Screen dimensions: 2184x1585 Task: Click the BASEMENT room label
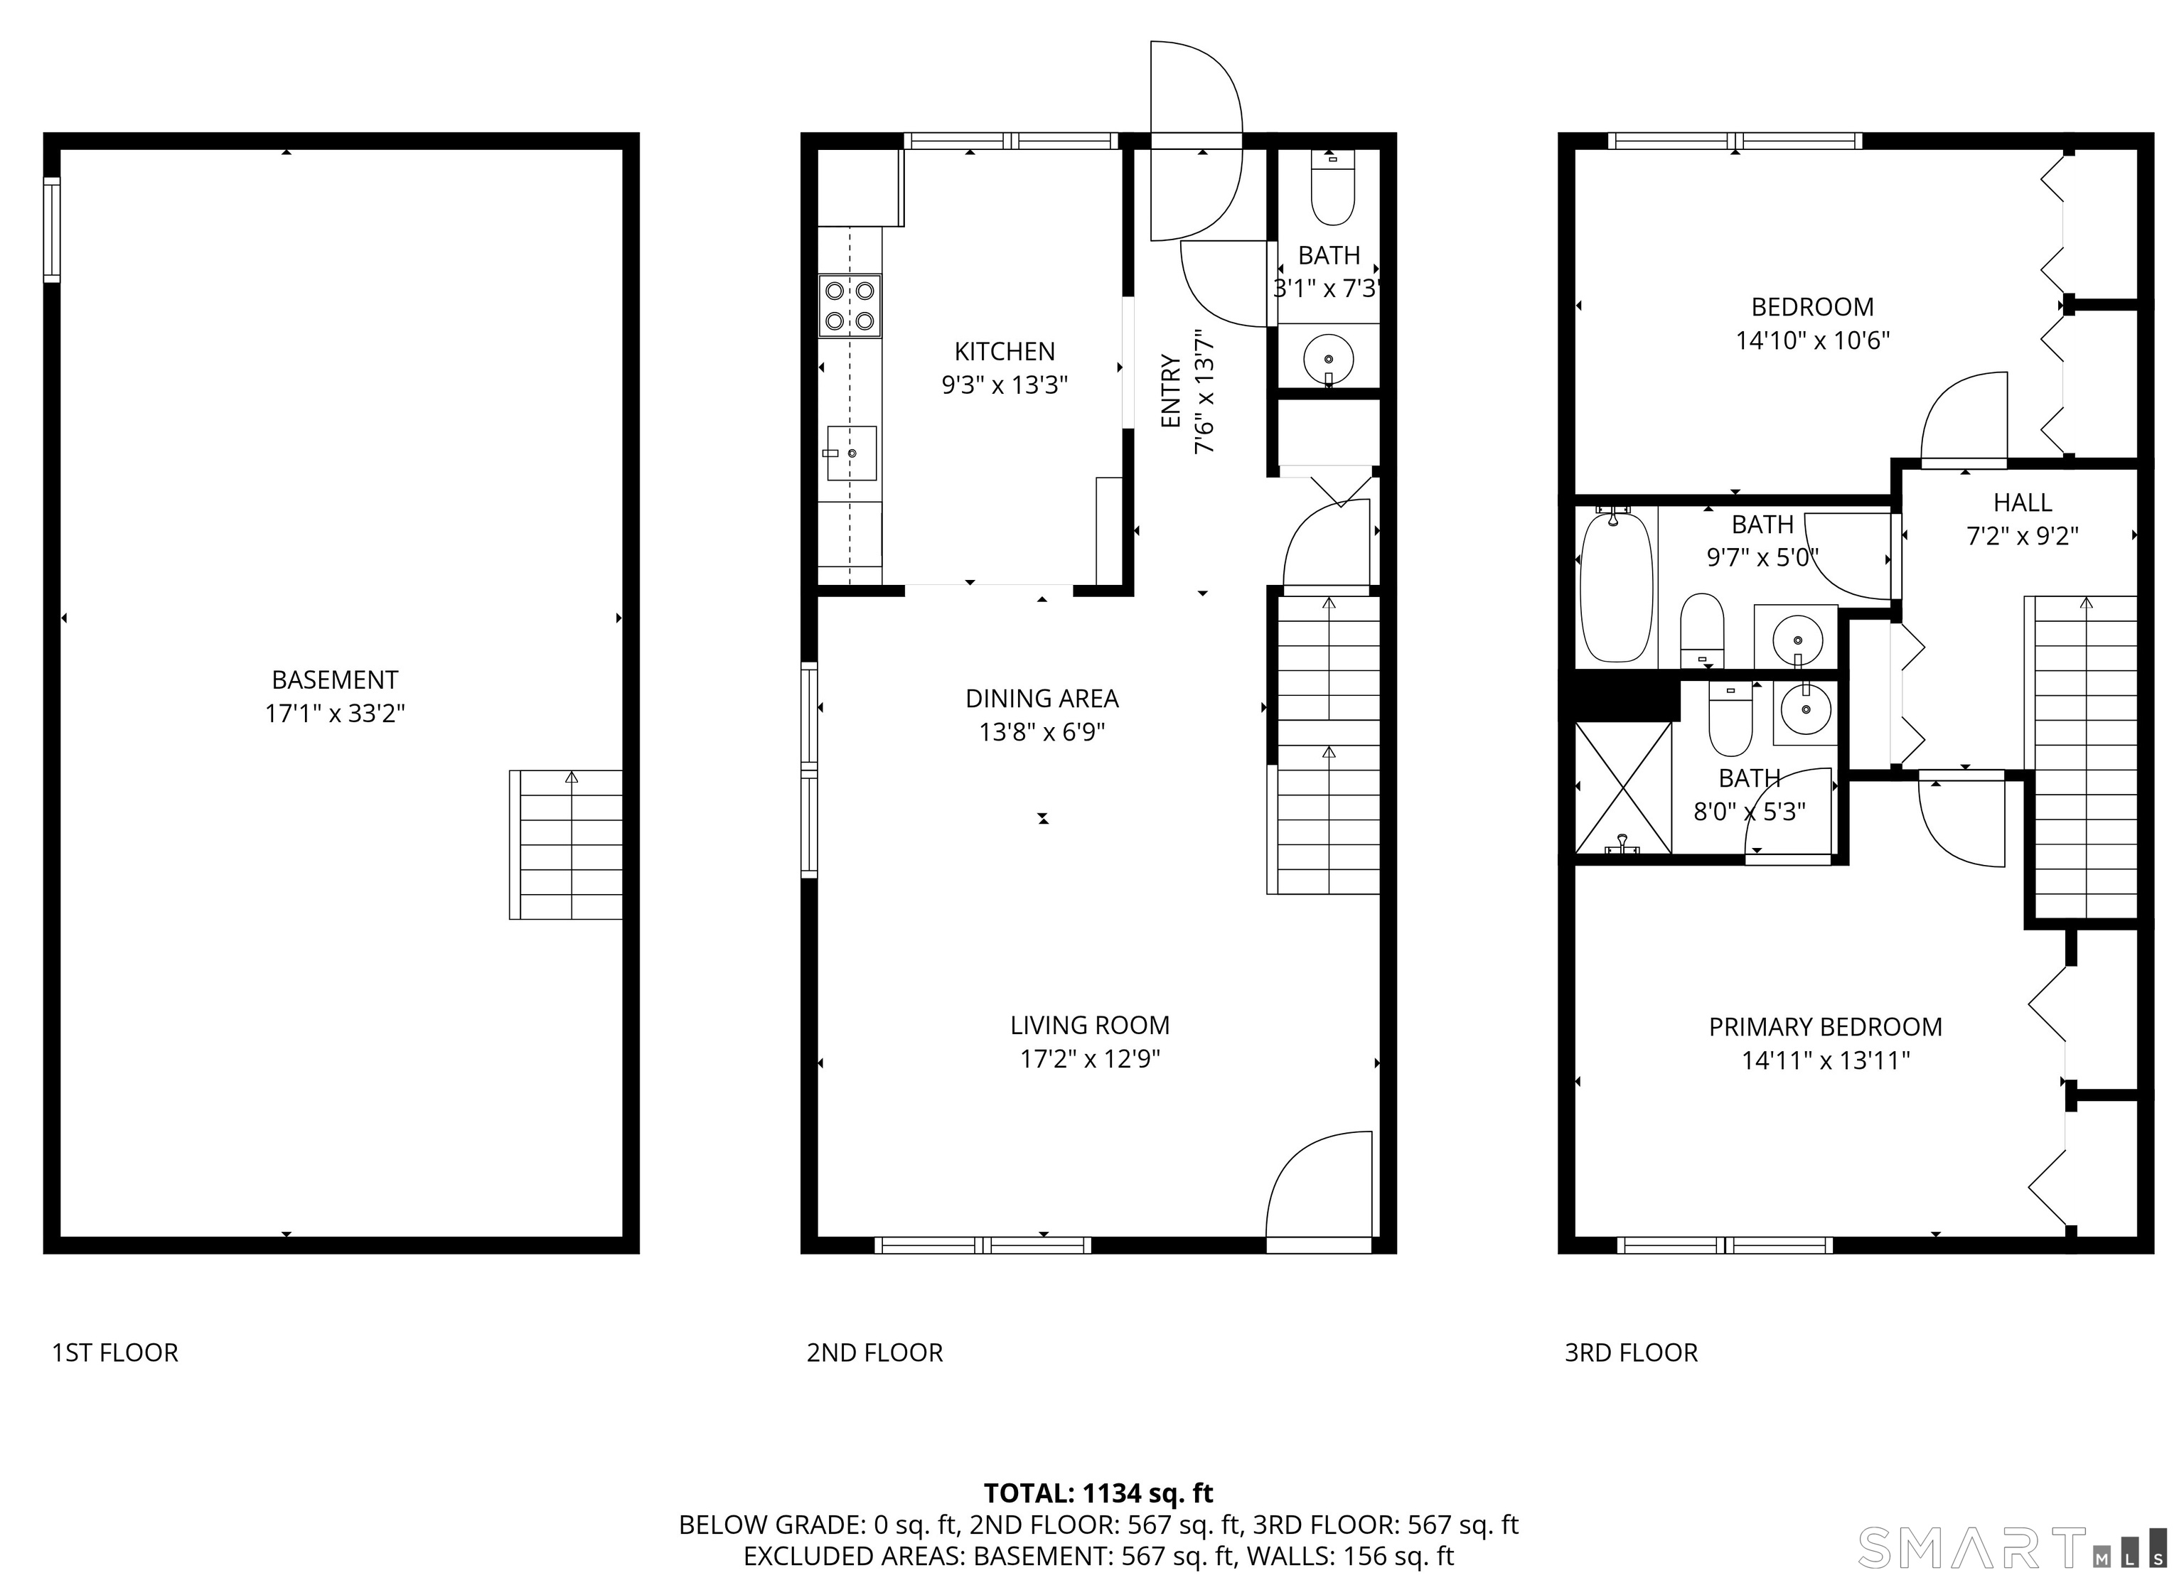334,679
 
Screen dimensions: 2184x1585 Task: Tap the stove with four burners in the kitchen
850,306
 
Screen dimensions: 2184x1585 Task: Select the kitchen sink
851,453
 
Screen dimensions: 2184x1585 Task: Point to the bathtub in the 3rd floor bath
1617,587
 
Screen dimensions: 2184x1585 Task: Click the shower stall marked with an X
1622,788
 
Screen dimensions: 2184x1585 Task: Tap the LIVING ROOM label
1089,1026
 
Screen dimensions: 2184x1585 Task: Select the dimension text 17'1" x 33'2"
335,714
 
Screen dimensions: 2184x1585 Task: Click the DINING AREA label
1042,698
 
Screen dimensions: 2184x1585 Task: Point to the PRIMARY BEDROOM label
1825,1026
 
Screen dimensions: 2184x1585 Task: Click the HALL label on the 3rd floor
2022,503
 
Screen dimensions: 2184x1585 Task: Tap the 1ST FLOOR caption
114,1353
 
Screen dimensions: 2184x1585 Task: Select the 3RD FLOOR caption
1632,1353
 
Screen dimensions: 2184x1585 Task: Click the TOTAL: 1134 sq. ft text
1098,1493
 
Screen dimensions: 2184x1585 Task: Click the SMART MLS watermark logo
2010,1547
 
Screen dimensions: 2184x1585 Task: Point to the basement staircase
566,844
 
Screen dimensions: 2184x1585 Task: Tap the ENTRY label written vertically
1170,391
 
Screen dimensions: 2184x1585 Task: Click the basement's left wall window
52,230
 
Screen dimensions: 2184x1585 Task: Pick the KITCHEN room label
1005,352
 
